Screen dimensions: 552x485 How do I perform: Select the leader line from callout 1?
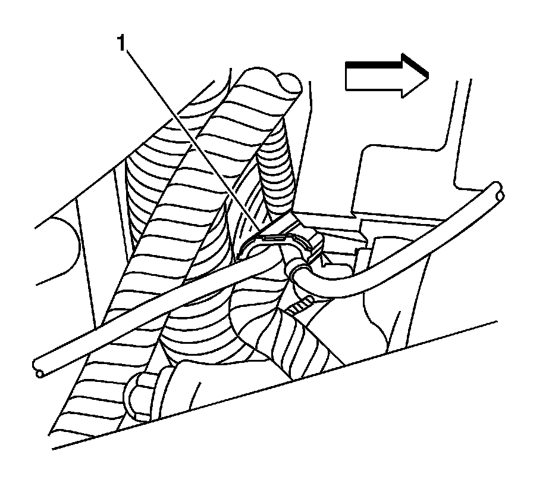[x=190, y=137]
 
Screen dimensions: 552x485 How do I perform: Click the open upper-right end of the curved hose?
[x=496, y=190]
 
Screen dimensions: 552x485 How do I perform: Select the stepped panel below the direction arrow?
[x=404, y=173]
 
